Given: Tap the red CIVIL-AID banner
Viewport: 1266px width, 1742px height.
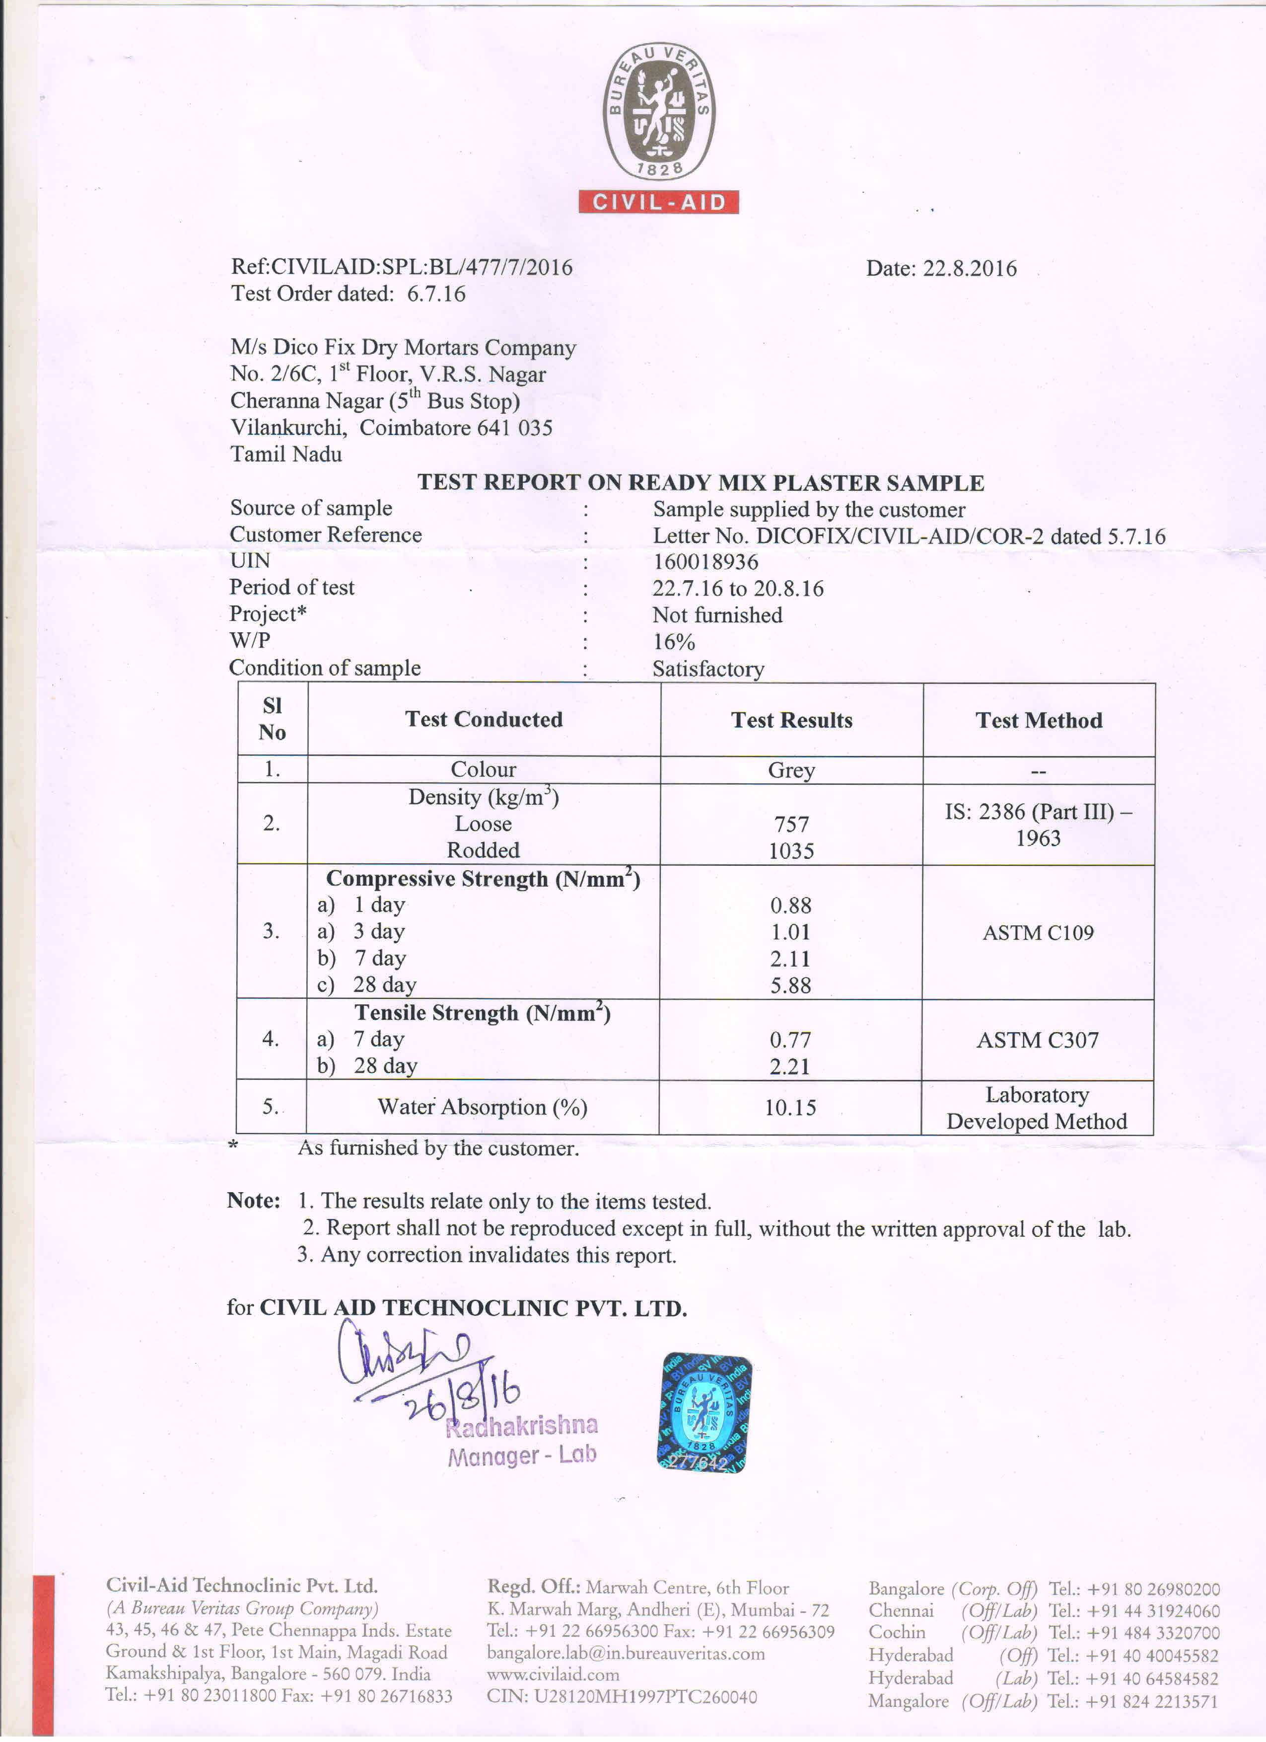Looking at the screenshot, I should tap(658, 202).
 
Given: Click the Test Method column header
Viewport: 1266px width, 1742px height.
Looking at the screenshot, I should tap(1038, 720).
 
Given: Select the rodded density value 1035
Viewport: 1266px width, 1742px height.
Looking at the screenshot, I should tap(791, 850).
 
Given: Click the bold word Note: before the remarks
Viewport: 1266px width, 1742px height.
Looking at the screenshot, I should tap(253, 1201).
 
